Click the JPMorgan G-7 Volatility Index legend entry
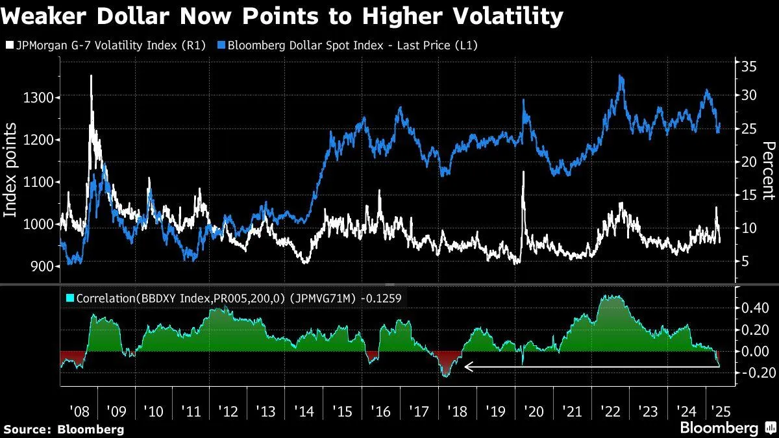click(103, 45)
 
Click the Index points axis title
click(11, 171)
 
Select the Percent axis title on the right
click(769, 170)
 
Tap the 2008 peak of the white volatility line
click(91, 76)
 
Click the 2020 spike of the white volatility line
click(523, 172)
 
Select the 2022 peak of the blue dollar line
click(621, 76)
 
